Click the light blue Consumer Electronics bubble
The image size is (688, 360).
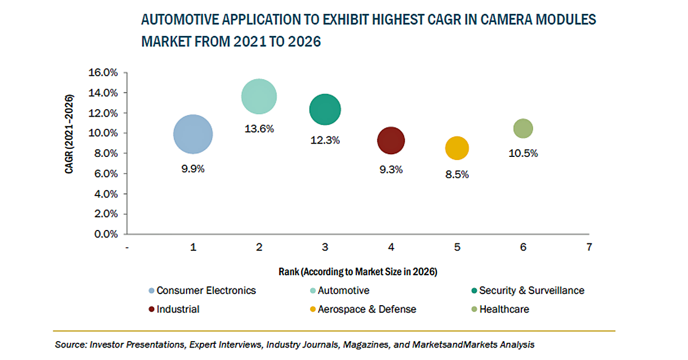[x=193, y=134]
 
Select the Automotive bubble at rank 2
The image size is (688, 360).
[x=259, y=97]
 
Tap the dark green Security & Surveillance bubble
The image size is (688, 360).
[x=325, y=110]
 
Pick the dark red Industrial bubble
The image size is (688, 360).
[x=391, y=141]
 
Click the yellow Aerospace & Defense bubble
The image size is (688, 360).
[x=457, y=148]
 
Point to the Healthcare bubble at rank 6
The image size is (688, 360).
[x=523, y=128]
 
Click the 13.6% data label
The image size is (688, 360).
[x=259, y=129]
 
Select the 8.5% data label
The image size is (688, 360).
[x=457, y=175]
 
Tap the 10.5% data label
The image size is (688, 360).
[x=523, y=154]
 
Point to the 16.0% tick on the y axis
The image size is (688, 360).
[x=103, y=73]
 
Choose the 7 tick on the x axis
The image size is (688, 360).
[x=589, y=248]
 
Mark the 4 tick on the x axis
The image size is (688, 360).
[x=391, y=248]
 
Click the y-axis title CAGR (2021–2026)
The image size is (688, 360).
[x=70, y=134]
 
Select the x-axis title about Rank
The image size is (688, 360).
[x=357, y=272]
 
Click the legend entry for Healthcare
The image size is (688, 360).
[x=504, y=309]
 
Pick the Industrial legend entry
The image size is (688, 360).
[x=178, y=309]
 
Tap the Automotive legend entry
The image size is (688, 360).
[x=343, y=291]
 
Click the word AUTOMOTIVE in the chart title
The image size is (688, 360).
[x=178, y=20]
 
